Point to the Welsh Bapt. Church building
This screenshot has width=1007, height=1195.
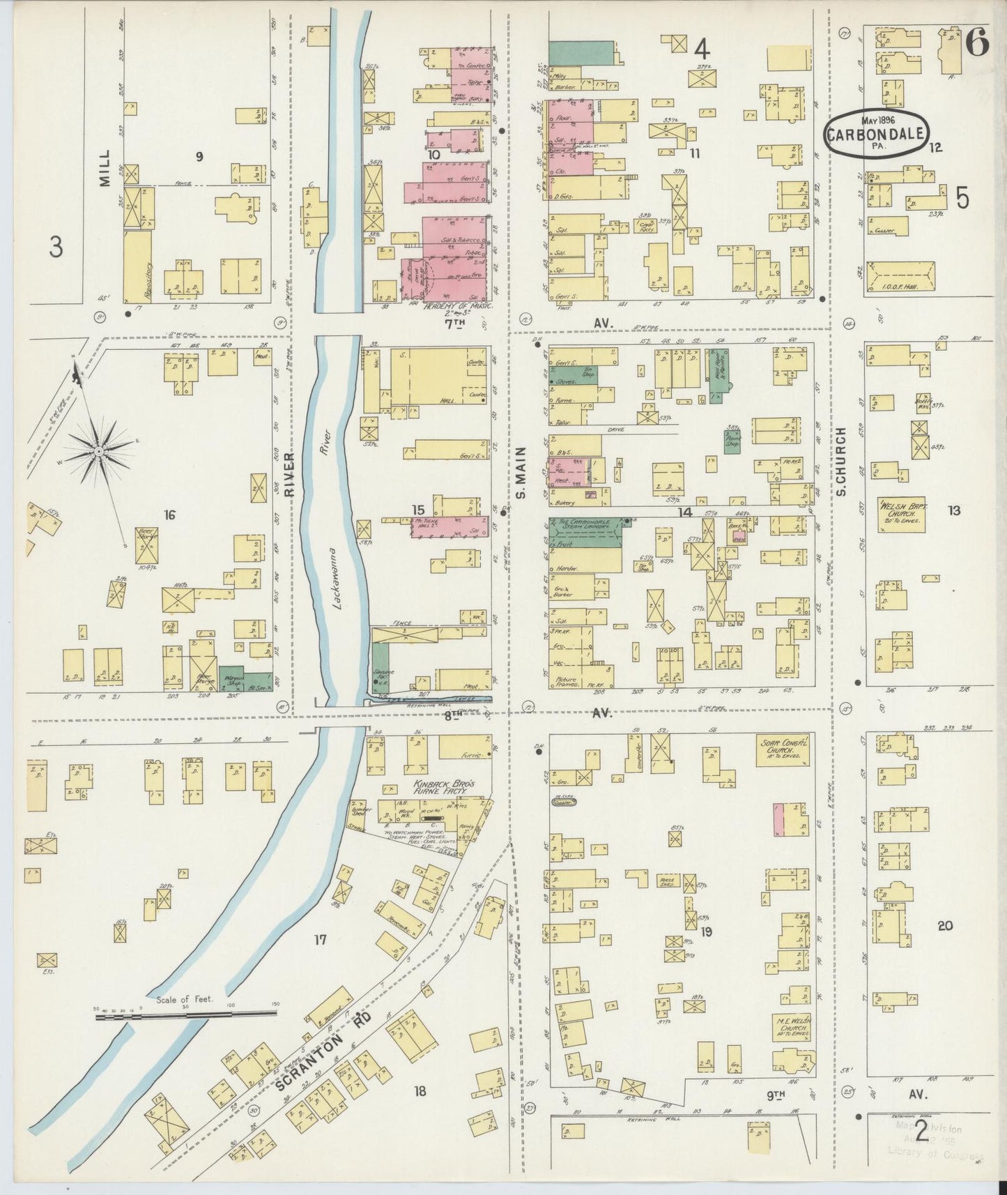(x=901, y=515)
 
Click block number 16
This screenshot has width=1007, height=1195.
(x=169, y=515)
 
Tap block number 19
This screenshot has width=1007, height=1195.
(x=706, y=931)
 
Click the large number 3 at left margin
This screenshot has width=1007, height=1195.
(x=56, y=247)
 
